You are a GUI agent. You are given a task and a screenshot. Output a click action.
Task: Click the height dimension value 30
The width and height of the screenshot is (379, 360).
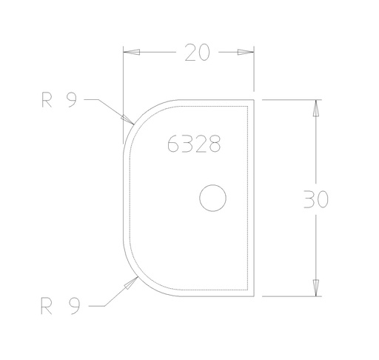(316, 200)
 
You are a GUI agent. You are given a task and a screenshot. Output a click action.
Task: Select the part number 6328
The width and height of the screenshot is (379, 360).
(194, 144)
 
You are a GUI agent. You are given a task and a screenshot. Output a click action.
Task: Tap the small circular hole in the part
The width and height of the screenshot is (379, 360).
(213, 197)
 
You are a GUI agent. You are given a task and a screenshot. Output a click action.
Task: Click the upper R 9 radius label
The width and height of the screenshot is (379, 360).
(58, 101)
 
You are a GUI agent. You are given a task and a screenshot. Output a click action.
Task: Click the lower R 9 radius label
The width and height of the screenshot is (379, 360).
(58, 304)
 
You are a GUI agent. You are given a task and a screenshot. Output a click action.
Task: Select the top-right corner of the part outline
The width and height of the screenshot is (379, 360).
(255, 99)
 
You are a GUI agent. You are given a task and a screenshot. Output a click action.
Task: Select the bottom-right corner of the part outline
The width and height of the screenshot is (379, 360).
(255, 295)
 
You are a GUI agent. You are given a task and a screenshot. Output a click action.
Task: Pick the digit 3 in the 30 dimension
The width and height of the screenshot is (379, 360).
(309, 200)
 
